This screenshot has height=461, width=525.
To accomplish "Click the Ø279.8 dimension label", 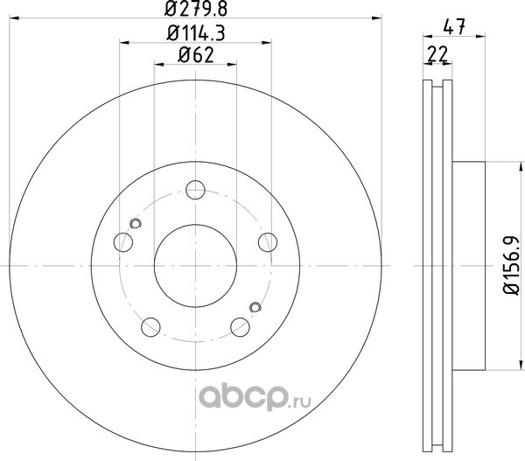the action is click(x=196, y=9).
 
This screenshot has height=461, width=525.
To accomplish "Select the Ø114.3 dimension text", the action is click(x=196, y=33).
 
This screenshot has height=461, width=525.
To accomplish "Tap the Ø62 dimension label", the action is click(x=196, y=55).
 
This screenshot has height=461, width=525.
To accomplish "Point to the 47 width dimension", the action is click(x=454, y=27).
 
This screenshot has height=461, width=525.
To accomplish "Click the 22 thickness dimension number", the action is click(x=437, y=54).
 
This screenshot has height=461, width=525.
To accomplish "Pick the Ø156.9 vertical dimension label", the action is click(x=511, y=265).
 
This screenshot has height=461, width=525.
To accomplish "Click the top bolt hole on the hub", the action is click(x=195, y=190).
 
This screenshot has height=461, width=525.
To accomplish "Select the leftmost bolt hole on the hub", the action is click(x=123, y=242).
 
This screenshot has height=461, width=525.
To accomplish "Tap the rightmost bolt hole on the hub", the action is click(x=268, y=242).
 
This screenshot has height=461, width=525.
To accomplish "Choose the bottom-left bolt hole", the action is click(x=150, y=327).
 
